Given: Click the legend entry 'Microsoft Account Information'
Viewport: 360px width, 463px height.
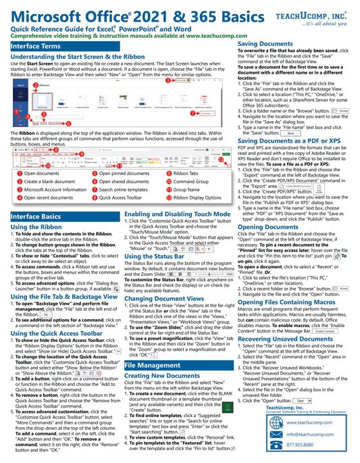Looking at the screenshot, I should point(55,190).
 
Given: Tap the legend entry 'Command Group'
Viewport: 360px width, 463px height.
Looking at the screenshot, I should point(191,182).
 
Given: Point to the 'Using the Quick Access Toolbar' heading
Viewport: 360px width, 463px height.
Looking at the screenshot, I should point(57,333).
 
